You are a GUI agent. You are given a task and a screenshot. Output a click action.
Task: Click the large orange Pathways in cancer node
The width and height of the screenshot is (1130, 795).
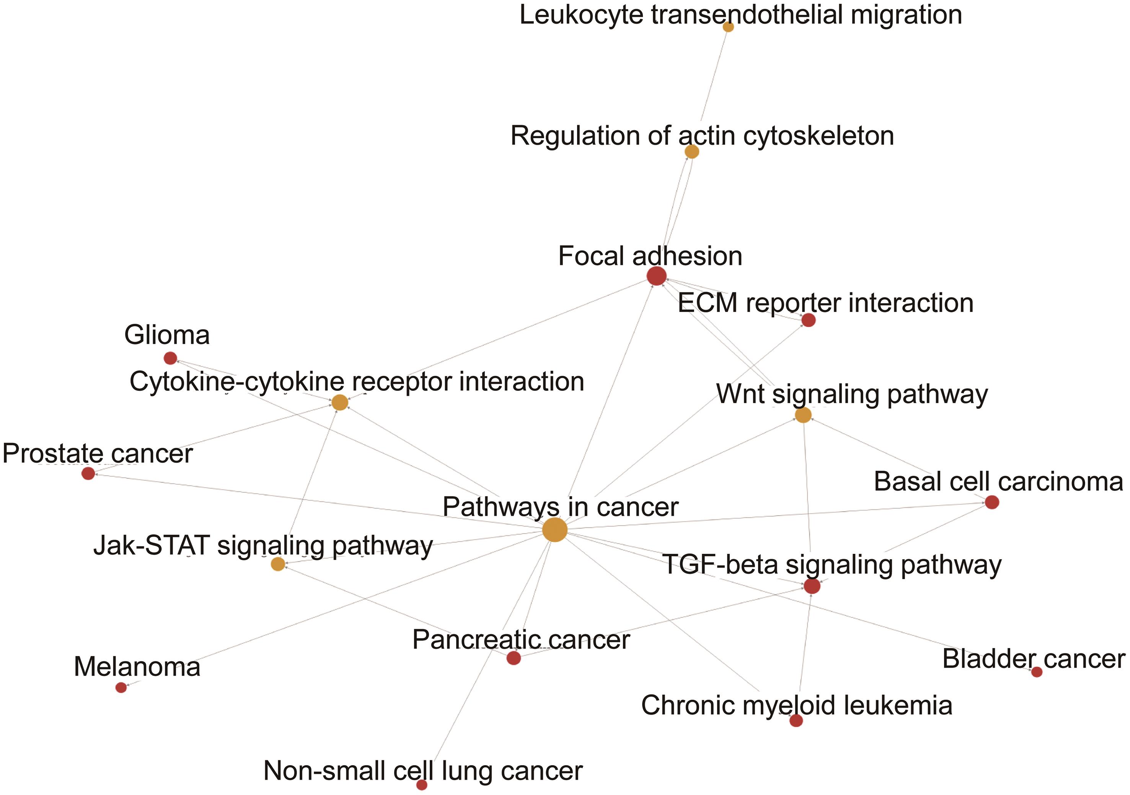coord(554,530)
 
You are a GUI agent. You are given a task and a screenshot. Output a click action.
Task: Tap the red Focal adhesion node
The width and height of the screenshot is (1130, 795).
coord(657,276)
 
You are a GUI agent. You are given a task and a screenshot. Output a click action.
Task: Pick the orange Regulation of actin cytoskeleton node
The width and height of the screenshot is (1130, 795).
coord(691,152)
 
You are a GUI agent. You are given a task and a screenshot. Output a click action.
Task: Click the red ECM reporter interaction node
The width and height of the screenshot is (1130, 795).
coord(808,320)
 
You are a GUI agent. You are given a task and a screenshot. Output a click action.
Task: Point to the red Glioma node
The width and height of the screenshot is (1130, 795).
coord(170,358)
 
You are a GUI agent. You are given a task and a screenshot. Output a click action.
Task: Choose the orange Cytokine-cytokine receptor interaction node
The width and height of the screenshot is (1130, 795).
coord(339,403)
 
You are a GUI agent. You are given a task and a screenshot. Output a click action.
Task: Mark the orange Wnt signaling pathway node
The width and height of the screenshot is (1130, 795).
coord(803,415)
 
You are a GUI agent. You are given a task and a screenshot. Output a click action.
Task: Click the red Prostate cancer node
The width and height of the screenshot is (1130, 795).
coord(88,473)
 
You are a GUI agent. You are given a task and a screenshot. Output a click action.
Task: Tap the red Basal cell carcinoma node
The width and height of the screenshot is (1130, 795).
coord(992,502)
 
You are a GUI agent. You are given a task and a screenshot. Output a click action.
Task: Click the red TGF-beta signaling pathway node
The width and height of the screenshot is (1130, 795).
coord(812,586)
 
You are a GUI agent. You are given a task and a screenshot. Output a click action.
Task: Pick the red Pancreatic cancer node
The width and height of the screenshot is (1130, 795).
coord(513,658)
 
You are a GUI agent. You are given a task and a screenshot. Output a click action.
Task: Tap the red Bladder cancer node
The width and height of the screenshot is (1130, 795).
coord(1037,672)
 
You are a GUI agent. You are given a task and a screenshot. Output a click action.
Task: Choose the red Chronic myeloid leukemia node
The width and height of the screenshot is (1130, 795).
coord(796,721)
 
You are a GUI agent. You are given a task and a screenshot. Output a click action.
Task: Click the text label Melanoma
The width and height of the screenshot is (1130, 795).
coord(137,668)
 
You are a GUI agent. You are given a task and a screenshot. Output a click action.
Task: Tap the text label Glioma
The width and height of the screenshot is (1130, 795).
coord(167,335)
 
